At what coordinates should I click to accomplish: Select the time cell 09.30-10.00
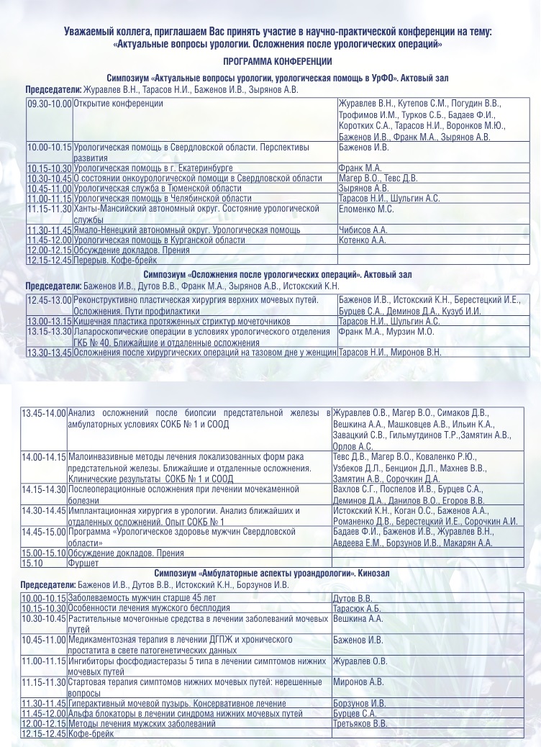(x=49, y=104)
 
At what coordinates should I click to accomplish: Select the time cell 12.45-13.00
(x=49, y=299)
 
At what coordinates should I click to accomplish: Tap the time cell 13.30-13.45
(x=49, y=353)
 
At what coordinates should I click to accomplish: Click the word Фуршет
(x=83, y=563)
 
